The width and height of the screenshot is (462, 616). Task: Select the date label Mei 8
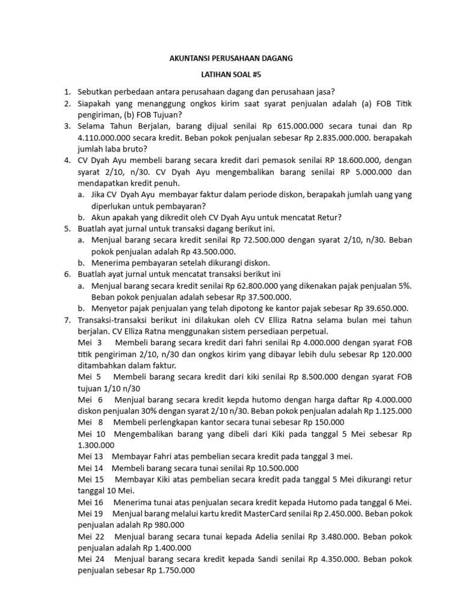pos(91,422)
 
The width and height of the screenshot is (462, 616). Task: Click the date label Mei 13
pos(91,456)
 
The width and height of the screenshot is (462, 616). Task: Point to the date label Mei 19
pos(91,513)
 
